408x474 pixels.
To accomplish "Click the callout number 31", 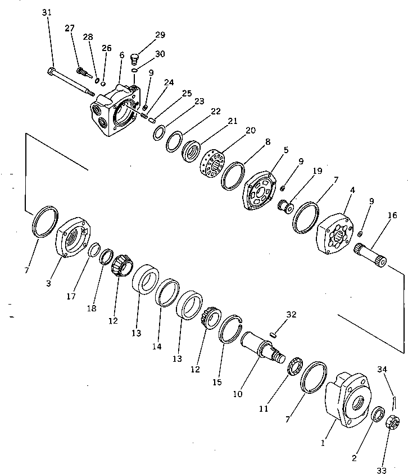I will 47,13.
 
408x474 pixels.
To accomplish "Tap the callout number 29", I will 160,35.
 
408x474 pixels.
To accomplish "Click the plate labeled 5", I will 259,188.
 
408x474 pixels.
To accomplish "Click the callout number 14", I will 156,347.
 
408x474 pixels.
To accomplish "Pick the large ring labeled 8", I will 233,176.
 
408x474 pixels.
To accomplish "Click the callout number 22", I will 216,111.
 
